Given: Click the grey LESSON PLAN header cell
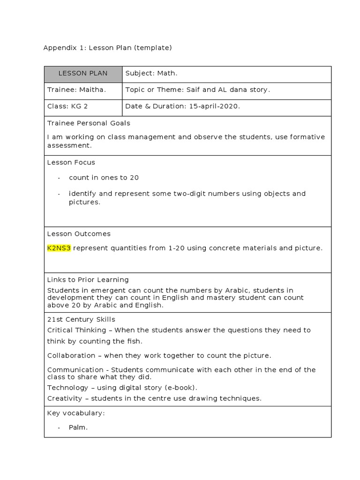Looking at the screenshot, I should coord(83,74).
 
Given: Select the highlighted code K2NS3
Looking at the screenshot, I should coord(59,248).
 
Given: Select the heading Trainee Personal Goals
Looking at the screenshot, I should coord(89,123).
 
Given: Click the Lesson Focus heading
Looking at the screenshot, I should coord(71,163).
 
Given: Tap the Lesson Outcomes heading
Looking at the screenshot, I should coord(79,234).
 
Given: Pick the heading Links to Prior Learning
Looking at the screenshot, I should coord(88,280).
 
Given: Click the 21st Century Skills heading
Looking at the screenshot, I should coord(81,320).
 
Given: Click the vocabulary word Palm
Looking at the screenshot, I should coord(78,427).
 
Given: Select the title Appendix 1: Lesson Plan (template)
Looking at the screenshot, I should coord(108,48).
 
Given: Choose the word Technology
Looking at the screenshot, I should coord(67,388).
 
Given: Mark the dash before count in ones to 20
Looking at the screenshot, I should coord(59,178).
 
